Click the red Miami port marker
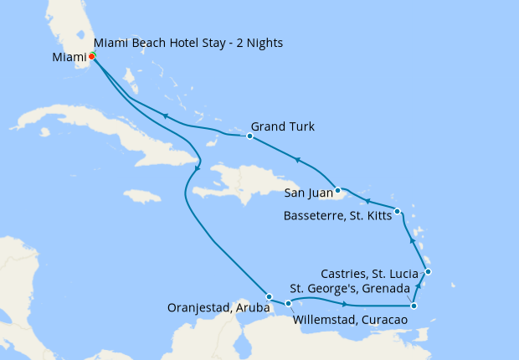click(91, 56)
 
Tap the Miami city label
click(69, 58)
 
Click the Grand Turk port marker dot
click(249, 136)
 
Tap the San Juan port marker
click(336, 188)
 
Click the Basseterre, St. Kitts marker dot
click(397, 211)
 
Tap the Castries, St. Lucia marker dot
click(428, 271)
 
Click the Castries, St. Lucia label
click(373, 274)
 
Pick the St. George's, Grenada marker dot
click(414, 306)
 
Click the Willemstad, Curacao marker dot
click(288, 303)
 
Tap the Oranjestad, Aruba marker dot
click(268, 296)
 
